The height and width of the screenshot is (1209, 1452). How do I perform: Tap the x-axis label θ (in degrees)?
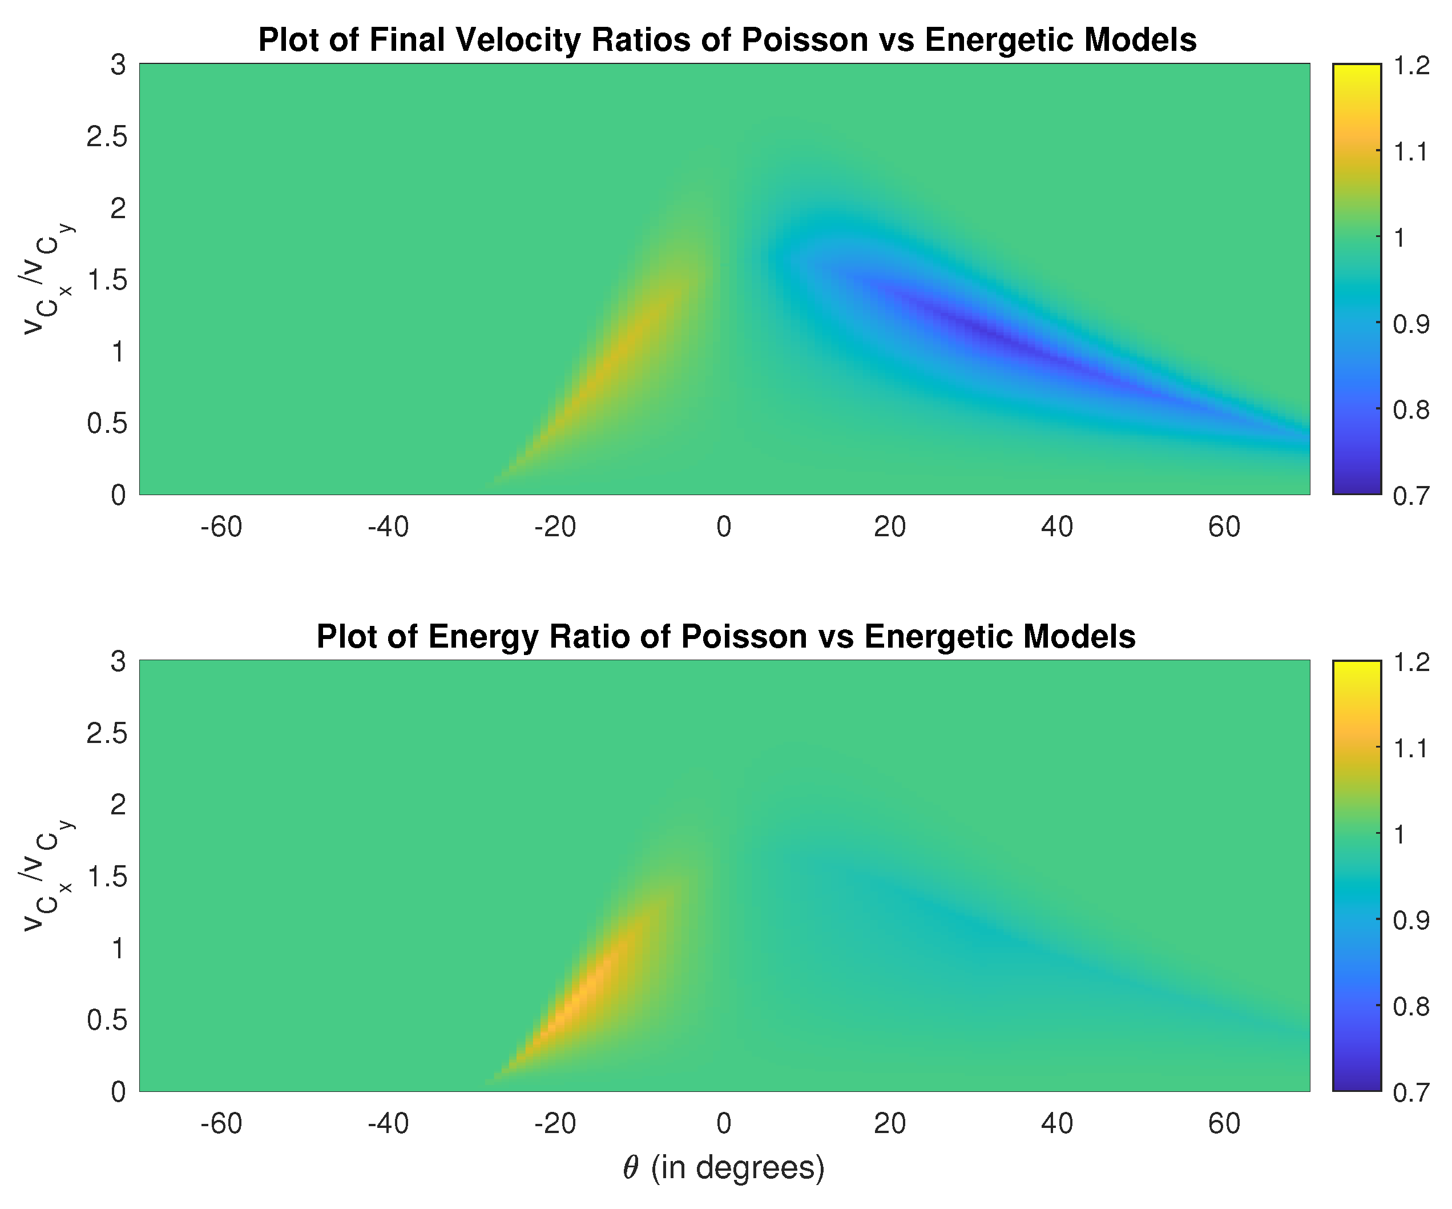tap(724, 1167)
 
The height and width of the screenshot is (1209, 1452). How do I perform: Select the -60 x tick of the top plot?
tap(221, 527)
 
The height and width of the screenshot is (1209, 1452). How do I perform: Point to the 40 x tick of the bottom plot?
tap(1057, 1124)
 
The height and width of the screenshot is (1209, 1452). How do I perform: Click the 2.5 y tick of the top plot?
tap(107, 137)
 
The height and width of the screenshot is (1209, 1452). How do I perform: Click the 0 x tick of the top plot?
tap(723, 527)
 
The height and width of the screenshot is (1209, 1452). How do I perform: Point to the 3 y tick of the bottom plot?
tap(118, 662)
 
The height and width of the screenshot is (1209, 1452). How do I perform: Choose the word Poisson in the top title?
tap(805, 40)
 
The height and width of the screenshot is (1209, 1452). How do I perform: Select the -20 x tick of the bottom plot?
tap(555, 1124)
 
